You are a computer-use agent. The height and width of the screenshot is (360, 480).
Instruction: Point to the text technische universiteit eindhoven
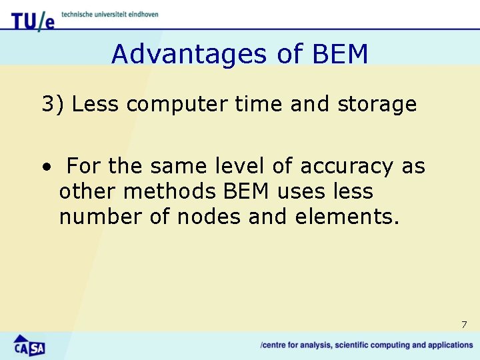tap(110, 14)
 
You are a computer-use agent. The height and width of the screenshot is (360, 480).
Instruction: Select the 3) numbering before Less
tap(53, 105)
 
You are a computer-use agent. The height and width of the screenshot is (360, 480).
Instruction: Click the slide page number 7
tap(464, 325)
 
